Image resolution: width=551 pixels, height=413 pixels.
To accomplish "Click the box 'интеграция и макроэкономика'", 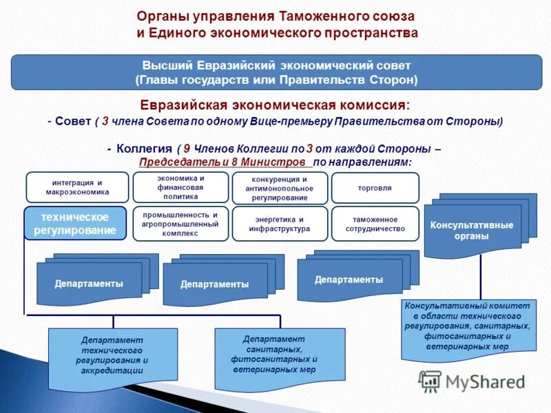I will [x=77, y=187].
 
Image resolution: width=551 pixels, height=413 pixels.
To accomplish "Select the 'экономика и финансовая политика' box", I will [x=180, y=187].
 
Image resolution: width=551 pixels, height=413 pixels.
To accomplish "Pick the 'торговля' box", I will [x=375, y=187].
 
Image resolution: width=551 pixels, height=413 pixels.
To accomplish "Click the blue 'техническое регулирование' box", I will [x=76, y=223].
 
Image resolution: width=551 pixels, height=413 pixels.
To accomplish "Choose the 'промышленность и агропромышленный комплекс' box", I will [x=180, y=224].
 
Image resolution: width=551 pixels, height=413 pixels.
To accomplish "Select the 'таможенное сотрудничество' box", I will [x=375, y=224].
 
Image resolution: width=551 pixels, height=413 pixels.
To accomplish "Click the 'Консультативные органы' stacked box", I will [x=472, y=231].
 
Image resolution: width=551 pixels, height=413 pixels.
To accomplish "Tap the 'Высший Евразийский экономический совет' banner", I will [x=275, y=73].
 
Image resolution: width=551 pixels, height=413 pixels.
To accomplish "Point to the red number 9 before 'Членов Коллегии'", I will [x=187, y=149].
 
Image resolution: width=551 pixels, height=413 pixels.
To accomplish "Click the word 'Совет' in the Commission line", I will [x=73, y=121].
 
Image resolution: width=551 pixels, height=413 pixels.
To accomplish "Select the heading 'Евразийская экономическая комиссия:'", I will [x=275, y=105].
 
